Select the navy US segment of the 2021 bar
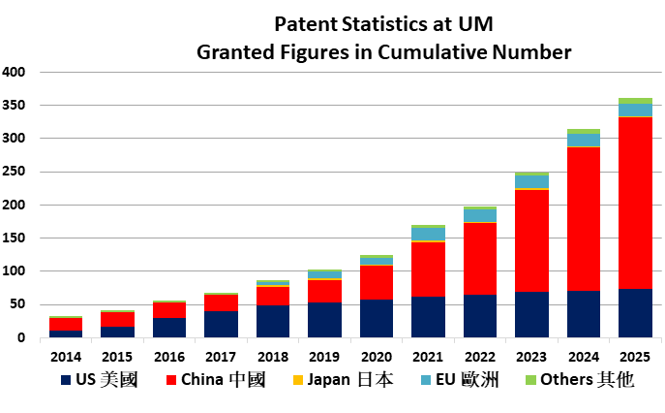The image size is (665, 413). (429, 316)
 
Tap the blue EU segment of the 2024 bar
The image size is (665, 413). (584, 140)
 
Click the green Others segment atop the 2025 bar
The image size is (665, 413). (635, 101)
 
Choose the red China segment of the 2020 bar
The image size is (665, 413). (378, 282)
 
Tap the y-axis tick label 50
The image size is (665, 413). (17, 304)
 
